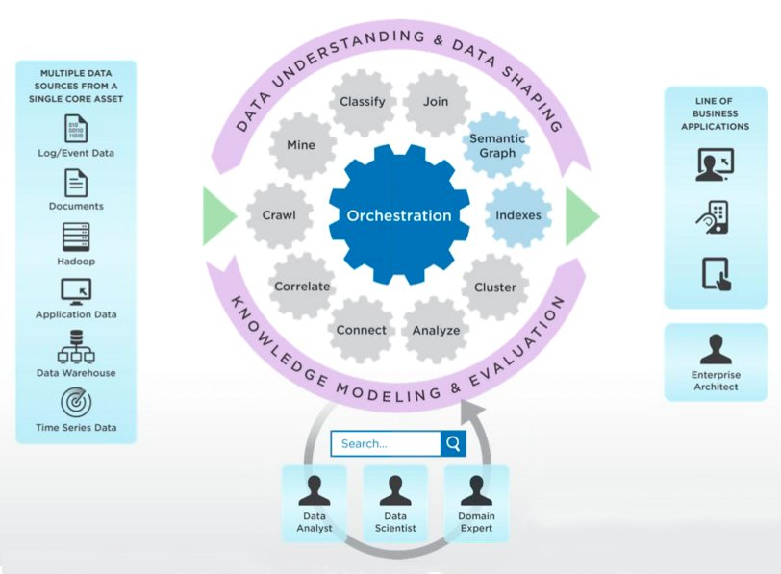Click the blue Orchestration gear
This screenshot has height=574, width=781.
pyautogui.click(x=399, y=215)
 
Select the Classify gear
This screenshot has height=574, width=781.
pyautogui.click(x=363, y=102)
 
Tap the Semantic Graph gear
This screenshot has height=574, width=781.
pyautogui.click(x=497, y=146)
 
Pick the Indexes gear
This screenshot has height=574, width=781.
pyautogui.click(x=518, y=215)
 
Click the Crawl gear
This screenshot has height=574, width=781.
pyautogui.click(x=279, y=215)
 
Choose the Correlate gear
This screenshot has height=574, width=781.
pyautogui.click(x=302, y=287)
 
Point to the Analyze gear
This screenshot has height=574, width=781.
pyautogui.click(x=436, y=330)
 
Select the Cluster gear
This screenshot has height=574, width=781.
pyautogui.click(x=495, y=287)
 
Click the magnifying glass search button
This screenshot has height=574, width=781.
pyautogui.click(x=453, y=443)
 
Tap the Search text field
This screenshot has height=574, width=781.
pyautogui.click(x=385, y=443)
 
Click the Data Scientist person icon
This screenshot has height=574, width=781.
pyautogui.click(x=395, y=491)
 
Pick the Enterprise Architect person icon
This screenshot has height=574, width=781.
pyautogui.click(x=716, y=350)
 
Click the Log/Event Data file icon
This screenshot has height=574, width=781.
pyautogui.click(x=76, y=129)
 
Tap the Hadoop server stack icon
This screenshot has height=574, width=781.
pyautogui.click(x=76, y=237)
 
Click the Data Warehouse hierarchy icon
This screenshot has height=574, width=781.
pyautogui.click(x=76, y=347)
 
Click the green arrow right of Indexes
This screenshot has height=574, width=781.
pyautogui.click(x=581, y=215)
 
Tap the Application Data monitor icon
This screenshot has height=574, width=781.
pyautogui.click(x=76, y=291)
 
